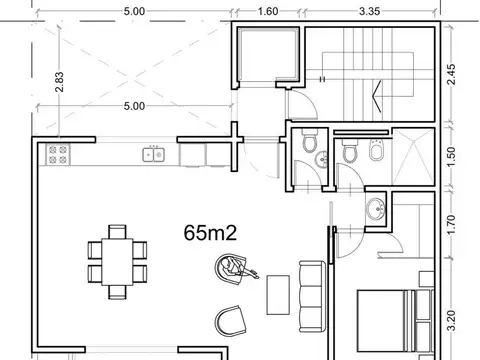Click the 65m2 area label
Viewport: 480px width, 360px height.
pos(210,233)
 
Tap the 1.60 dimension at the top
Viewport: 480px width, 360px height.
pos(268,11)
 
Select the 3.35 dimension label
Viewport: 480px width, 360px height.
pos(370,11)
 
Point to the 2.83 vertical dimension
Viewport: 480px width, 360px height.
pos(59,82)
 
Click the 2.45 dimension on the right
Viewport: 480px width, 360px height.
pos(451,74)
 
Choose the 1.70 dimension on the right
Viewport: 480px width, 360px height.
pos(451,225)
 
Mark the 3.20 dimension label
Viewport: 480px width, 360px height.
pos(451,320)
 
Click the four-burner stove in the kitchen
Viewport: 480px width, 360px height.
pos(58,155)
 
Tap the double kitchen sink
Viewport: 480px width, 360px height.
pos(154,155)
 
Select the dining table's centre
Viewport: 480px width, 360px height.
pos(117,262)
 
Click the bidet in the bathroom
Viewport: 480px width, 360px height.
pos(376,150)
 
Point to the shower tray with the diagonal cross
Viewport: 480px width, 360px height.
pos(413,157)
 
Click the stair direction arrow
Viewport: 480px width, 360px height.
pos(377,96)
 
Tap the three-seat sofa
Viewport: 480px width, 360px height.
pos(312,296)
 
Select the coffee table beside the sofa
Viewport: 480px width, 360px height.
pos(278,295)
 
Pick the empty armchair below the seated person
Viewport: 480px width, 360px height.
pos(231,321)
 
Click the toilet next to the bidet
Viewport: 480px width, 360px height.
pos(350,151)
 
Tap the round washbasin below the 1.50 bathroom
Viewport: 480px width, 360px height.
pos(376,209)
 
